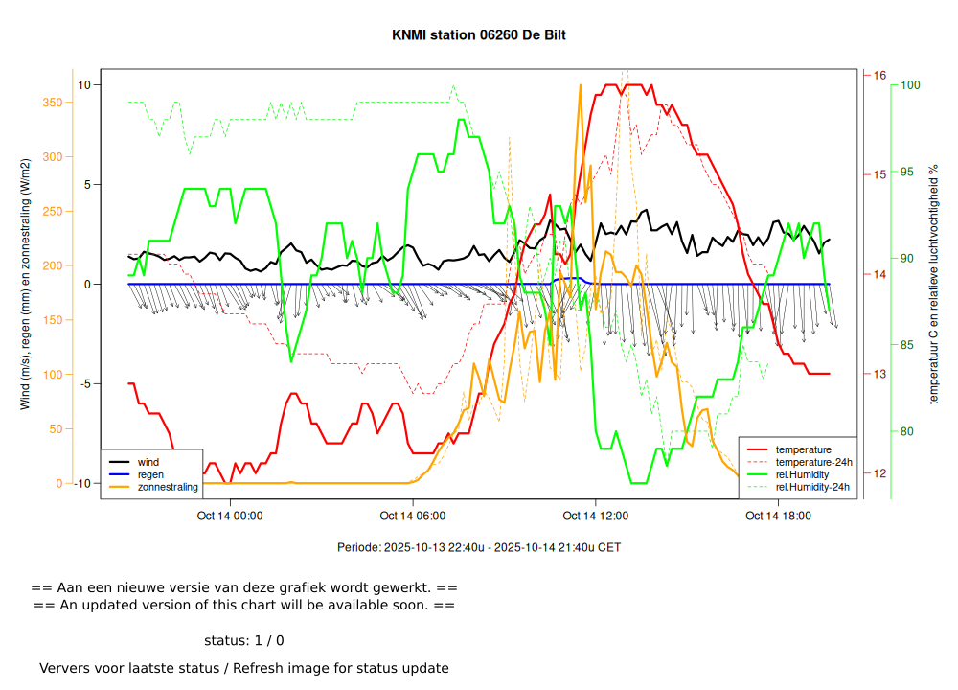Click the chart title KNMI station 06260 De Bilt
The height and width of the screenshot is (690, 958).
[479, 35]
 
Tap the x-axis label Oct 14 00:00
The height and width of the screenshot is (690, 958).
[230, 516]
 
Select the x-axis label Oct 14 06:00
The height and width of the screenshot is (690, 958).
[413, 516]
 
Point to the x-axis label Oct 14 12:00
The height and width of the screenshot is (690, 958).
[596, 516]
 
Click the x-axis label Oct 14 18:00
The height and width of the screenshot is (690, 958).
[779, 516]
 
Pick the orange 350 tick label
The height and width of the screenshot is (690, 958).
[52, 103]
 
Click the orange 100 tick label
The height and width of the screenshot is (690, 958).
[52, 375]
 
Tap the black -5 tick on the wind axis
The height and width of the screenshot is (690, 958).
[84, 384]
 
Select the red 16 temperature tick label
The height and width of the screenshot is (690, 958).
[879, 75]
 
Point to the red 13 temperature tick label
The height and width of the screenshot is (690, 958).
[879, 374]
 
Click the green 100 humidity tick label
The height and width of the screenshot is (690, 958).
[910, 85]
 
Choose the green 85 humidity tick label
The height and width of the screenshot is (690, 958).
[907, 345]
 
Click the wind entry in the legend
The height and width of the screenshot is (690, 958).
[148, 462]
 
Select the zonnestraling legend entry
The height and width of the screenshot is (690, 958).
[168, 487]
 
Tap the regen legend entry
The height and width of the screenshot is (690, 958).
[150, 474]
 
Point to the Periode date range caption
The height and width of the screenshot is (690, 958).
[479, 548]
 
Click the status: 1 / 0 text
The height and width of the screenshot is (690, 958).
[244, 640]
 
